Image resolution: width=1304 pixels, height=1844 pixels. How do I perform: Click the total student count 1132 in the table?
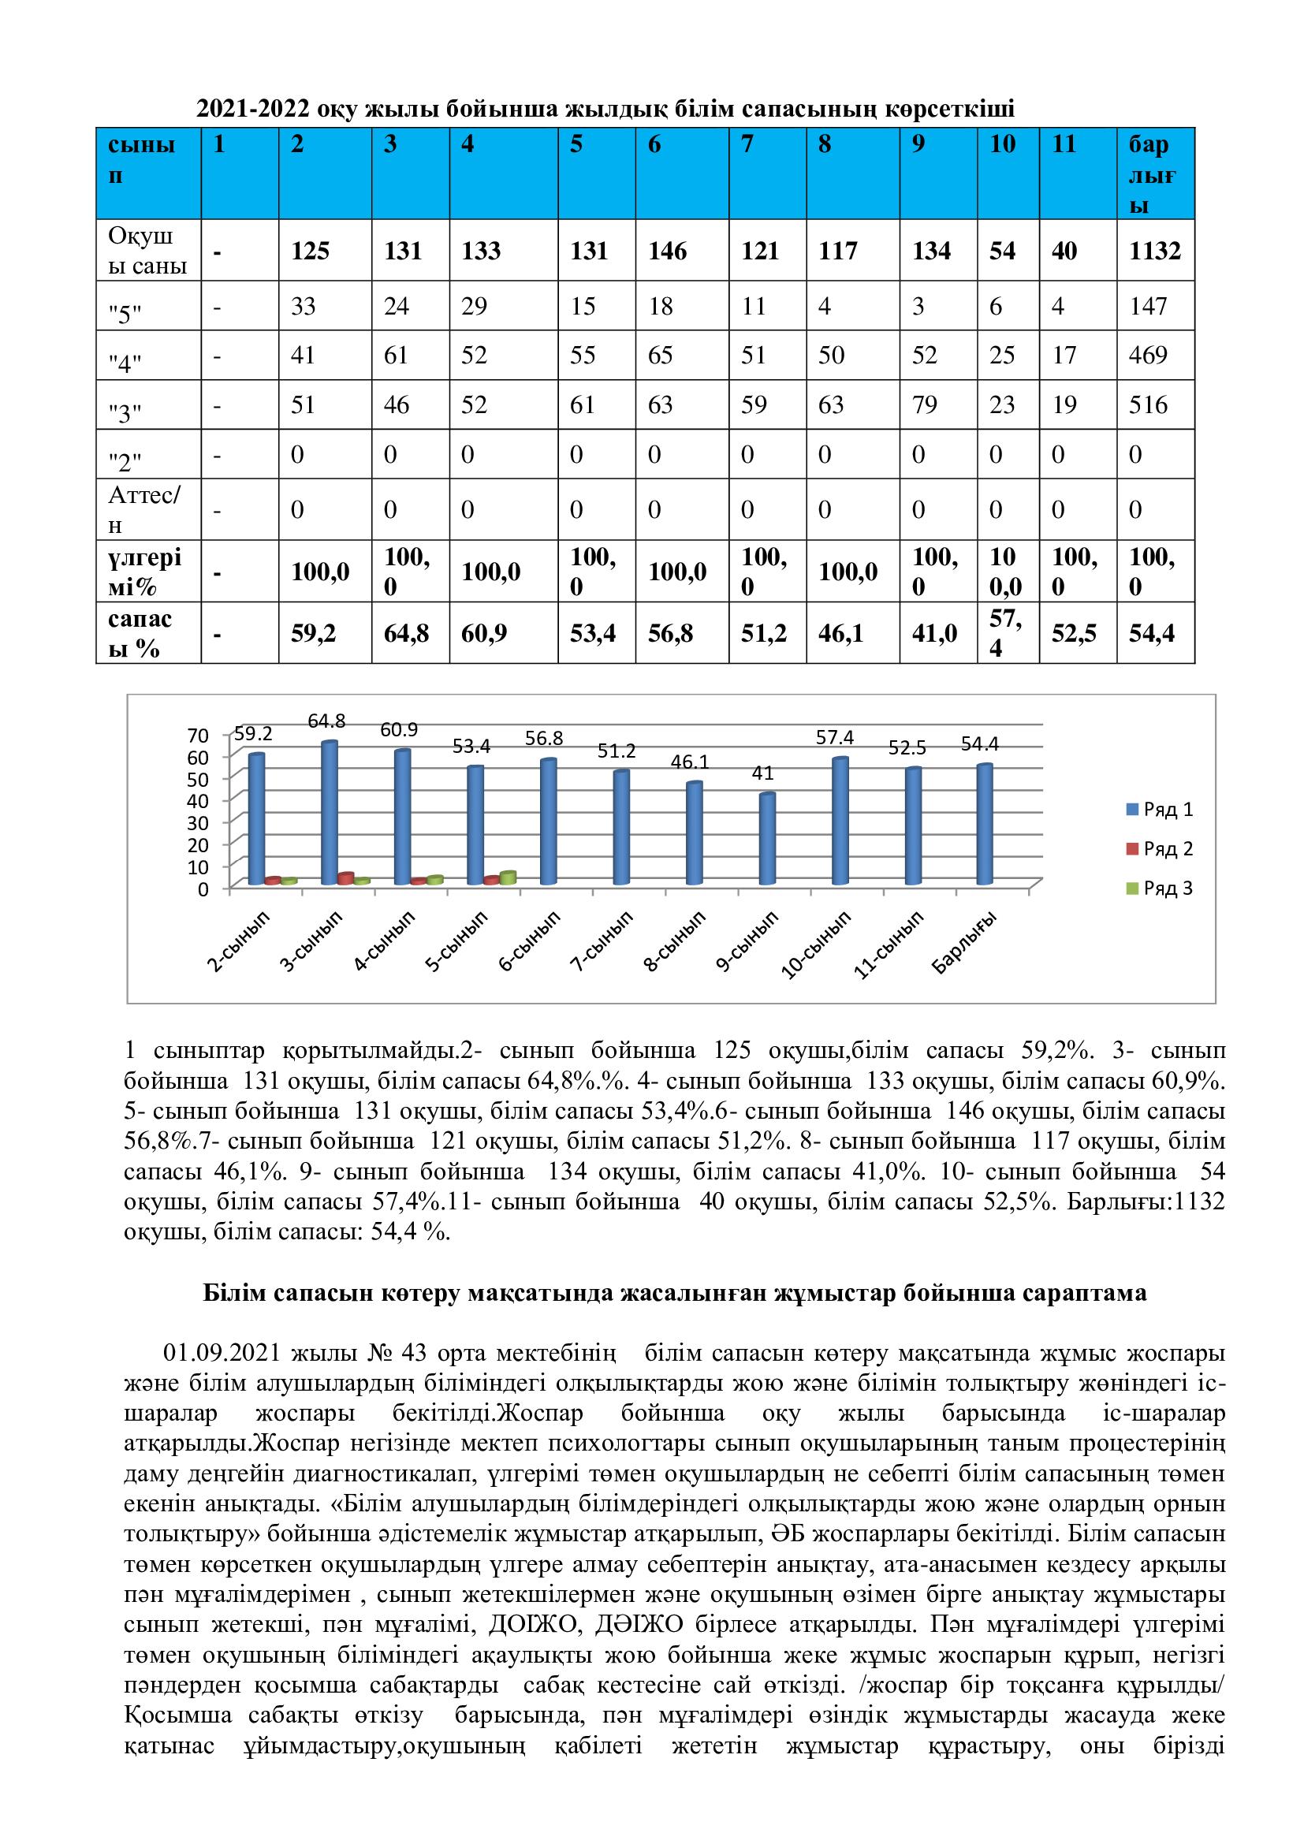(1155, 251)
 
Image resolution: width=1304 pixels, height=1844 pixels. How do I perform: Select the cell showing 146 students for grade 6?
(667, 251)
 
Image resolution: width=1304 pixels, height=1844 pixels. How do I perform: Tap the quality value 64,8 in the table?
(406, 634)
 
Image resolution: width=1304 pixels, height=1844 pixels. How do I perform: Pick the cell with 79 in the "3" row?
(924, 404)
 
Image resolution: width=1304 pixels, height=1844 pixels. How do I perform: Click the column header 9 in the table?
(918, 144)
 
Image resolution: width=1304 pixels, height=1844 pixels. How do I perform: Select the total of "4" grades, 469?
(1148, 355)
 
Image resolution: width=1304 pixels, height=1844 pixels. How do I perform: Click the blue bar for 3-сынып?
(330, 813)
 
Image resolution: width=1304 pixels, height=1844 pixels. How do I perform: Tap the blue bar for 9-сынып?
(768, 839)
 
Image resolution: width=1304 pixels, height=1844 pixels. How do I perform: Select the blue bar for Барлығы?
(985, 824)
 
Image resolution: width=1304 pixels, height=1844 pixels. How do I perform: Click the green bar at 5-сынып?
(508, 877)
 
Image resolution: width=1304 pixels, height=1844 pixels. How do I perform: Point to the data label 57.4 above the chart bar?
(834, 737)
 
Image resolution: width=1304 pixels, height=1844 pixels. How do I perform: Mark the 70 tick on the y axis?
(198, 736)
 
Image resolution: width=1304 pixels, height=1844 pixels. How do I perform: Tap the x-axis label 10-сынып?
(816, 944)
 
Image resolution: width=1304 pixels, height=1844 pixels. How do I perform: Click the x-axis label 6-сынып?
(528, 941)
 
